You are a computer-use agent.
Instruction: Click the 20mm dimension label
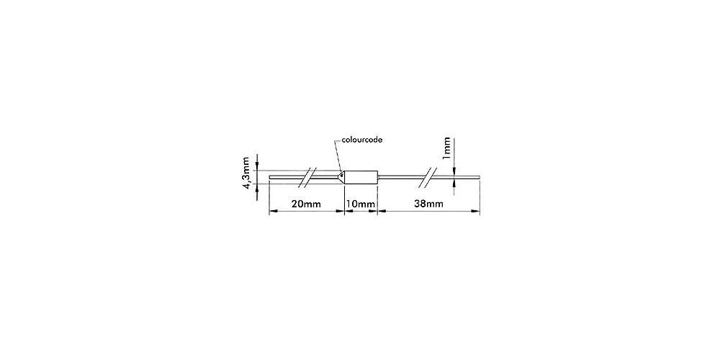point(306,204)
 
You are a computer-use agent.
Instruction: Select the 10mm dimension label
point(361,204)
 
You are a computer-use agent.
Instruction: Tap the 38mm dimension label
point(429,204)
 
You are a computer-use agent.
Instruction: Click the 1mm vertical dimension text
point(446,149)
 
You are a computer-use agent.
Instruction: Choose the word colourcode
point(362,140)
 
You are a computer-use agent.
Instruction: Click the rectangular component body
point(361,177)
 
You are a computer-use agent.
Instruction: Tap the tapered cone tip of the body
point(341,177)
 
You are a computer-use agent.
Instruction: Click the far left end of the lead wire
point(269,177)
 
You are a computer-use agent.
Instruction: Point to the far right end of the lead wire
point(479,176)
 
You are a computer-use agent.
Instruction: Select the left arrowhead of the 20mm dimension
point(272,211)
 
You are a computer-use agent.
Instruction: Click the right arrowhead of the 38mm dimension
point(475,211)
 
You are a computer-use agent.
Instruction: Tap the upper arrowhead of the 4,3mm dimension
point(257,166)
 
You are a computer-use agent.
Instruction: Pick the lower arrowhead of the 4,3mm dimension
point(257,188)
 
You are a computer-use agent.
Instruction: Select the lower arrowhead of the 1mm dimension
point(454,182)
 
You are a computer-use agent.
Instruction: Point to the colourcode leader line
point(338,156)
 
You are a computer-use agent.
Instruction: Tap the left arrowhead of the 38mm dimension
point(382,211)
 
